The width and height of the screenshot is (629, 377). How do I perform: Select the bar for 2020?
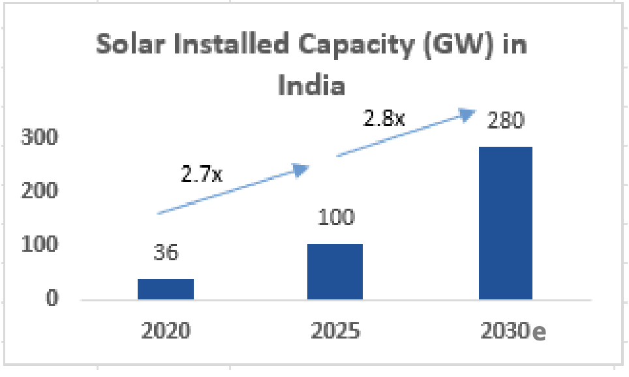click(166, 289)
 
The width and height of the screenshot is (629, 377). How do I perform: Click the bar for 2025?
click(335, 271)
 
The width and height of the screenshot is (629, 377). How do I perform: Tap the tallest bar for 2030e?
click(506, 223)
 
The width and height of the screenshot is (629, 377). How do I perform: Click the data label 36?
click(166, 252)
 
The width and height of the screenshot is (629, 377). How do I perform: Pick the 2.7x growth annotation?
click(202, 175)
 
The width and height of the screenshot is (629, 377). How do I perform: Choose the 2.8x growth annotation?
click(384, 119)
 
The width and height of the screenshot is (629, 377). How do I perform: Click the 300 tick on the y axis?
click(40, 138)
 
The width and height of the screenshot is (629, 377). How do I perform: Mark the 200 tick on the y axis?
click(40, 191)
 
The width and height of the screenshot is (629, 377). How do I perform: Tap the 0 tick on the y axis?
click(52, 299)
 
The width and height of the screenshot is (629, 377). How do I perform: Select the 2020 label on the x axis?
click(166, 331)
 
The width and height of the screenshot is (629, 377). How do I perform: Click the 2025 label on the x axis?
click(335, 331)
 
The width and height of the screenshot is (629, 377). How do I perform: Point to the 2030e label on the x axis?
click(513, 331)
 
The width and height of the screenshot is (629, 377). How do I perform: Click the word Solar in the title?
click(127, 45)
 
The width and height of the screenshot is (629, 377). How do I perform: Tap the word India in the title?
click(311, 85)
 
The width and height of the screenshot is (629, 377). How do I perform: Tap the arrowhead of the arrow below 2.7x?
click(301, 170)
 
